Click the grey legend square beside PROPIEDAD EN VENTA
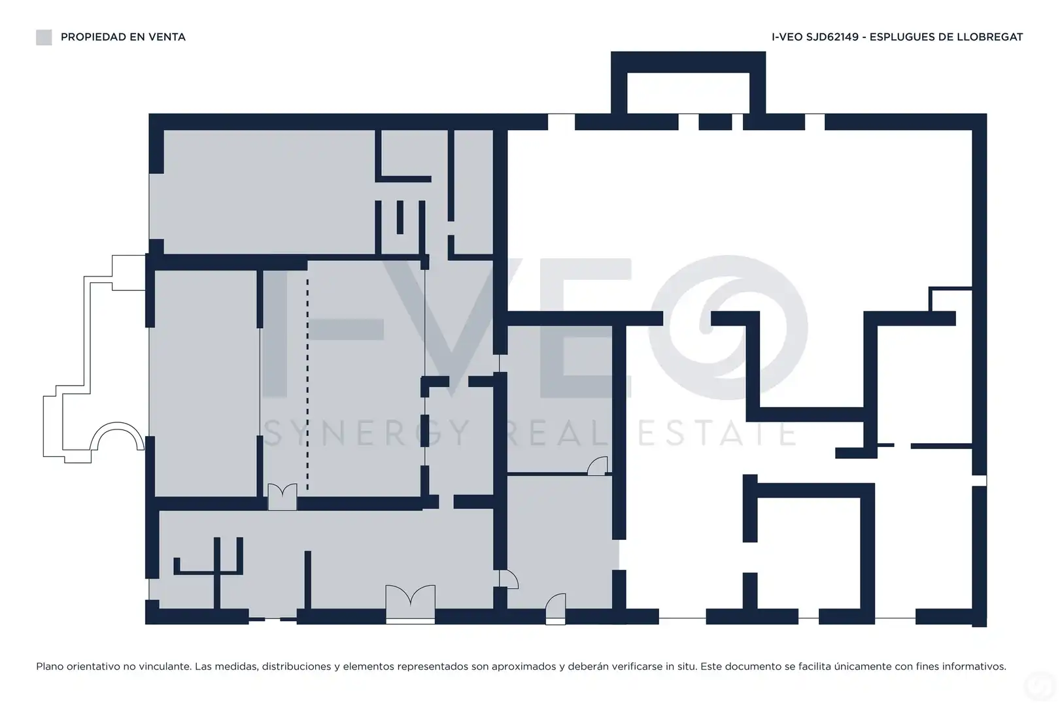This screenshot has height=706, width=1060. (x=44, y=37)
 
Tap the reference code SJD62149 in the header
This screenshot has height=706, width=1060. (x=832, y=37)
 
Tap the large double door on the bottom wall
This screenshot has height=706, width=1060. (x=410, y=604)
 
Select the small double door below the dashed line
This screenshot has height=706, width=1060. (x=282, y=496)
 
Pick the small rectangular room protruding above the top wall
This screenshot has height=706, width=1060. (x=688, y=83)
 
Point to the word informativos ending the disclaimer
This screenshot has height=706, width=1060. (x=975, y=666)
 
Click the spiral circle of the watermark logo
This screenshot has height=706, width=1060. (x=728, y=328)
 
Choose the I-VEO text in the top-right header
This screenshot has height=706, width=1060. (x=787, y=37)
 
